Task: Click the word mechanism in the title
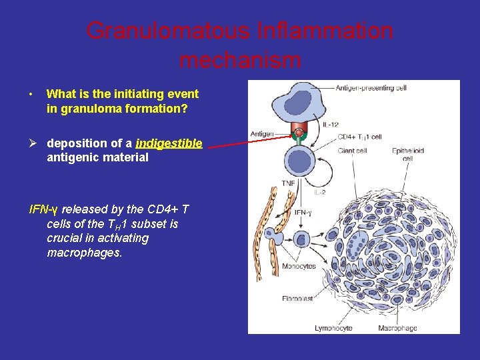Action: [240, 61]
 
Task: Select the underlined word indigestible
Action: [169, 143]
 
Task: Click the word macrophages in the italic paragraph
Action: [84, 253]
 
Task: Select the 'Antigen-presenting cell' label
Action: [370, 88]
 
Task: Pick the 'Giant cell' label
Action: [352, 151]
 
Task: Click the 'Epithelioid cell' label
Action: [407, 155]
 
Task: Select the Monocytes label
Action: [298, 266]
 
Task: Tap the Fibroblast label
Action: [297, 299]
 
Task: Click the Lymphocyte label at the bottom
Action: [334, 327]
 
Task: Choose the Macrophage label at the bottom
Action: [397, 327]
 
